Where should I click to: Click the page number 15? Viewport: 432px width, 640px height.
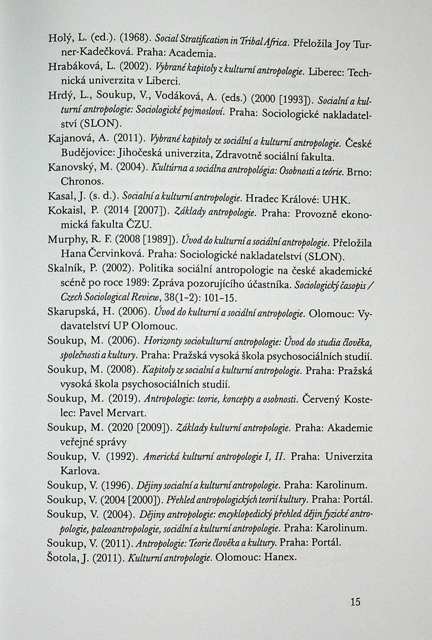[x=355, y=602]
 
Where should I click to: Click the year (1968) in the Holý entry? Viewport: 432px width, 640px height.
[x=134, y=38]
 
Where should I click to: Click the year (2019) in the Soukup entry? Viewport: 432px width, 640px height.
[x=123, y=399]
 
